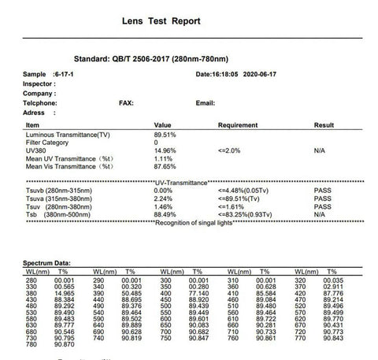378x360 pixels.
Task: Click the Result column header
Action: tap(324, 125)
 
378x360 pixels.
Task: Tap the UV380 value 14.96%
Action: tap(165, 150)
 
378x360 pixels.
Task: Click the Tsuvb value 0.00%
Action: tap(163, 190)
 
